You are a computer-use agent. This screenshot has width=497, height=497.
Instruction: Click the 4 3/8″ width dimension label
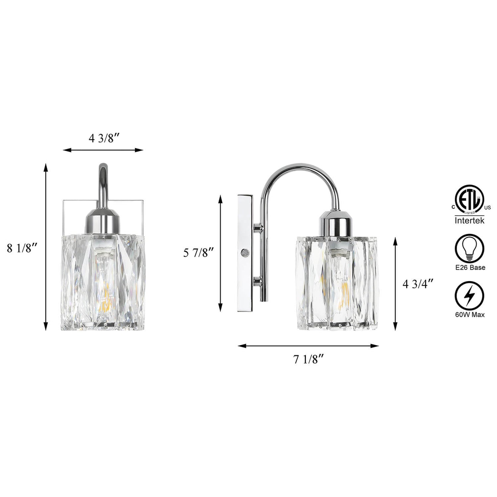click(x=105, y=139)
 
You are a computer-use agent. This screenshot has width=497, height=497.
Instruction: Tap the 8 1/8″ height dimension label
click(x=22, y=248)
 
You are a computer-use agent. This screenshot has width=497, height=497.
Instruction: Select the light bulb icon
click(x=469, y=249)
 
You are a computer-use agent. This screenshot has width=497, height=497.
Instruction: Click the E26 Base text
click(x=470, y=268)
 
